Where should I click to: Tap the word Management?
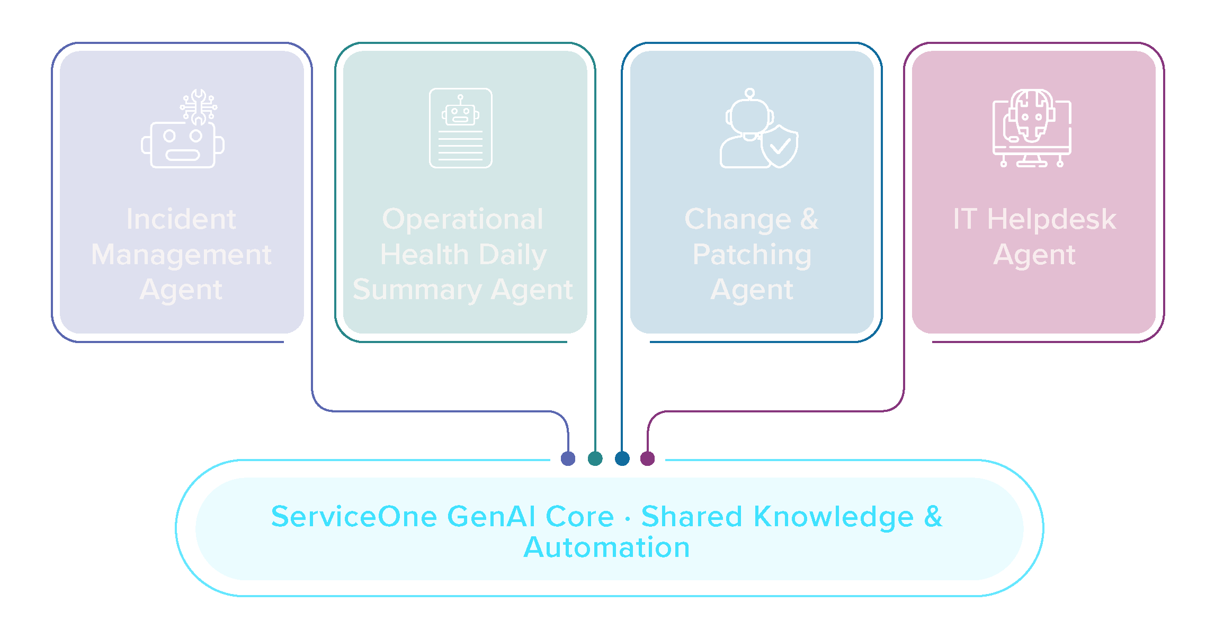(181, 255)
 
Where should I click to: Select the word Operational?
(462, 219)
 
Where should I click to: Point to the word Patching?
(752, 255)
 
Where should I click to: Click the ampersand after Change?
(809, 219)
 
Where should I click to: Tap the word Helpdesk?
(1051, 219)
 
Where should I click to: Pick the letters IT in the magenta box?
(964, 219)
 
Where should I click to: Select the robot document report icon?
(460, 128)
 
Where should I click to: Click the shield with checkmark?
(780, 147)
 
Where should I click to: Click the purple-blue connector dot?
(568, 458)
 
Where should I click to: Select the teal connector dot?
(595, 458)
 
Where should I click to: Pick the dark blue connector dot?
(622, 458)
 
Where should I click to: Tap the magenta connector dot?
(647, 458)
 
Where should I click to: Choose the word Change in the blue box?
(737, 219)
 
